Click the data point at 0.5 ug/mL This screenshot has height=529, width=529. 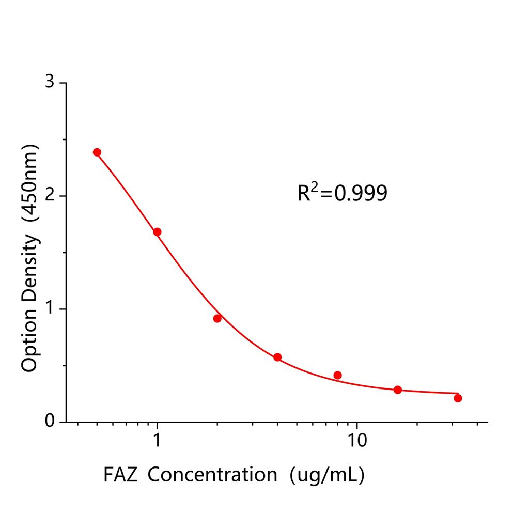click(x=97, y=152)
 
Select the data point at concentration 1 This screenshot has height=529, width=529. click(x=157, y=232)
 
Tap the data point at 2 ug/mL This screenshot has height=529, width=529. click(x=217, y=318)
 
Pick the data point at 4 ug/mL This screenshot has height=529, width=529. click(x=277, y=357)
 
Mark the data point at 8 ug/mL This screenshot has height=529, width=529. click(x=338, y=375)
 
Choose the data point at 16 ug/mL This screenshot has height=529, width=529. click(x=398, y=390)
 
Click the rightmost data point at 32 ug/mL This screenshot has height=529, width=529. click(x=458, y=398)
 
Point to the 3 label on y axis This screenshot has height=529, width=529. click(x=50, y=83)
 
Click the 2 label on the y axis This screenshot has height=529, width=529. click(x=50, y=196)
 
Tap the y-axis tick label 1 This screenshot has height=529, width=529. click(x=50, y=309)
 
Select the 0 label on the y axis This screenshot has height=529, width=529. click(x=50, y=422)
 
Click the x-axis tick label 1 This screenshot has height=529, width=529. click(x=157, y=441)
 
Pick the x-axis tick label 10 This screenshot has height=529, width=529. click(x=356, y=441)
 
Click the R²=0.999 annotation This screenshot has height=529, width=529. click(x=342, y=193)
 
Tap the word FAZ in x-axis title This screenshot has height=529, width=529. click(x=120, y=474)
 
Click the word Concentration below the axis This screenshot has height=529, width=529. click(x=213, y=474)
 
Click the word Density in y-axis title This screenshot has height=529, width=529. click(x=29, y=269)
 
